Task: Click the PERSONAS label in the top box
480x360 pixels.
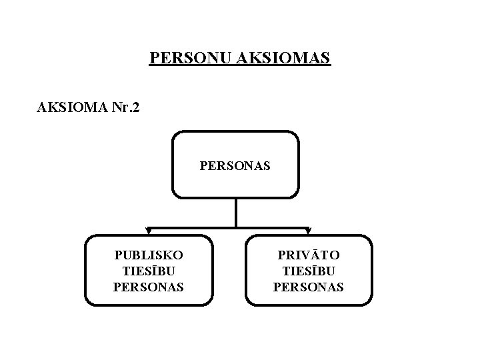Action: tap(235, 165)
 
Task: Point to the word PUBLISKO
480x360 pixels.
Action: tap(149, 255)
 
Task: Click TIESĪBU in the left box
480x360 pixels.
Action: tap(149, 271)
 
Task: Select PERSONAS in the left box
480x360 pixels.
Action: tap(149, 287)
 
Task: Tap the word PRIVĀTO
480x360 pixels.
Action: tap(309, 255)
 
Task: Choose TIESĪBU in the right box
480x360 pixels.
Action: tap(309, 271)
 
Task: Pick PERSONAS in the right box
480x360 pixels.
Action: tap(309, 287)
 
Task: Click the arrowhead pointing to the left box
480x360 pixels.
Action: tap(149, 231)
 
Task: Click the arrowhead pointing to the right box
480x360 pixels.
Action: tap(308, 231)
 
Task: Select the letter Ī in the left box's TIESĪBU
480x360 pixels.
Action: tap(154, 271)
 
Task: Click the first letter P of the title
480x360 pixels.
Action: tap(154, 59)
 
